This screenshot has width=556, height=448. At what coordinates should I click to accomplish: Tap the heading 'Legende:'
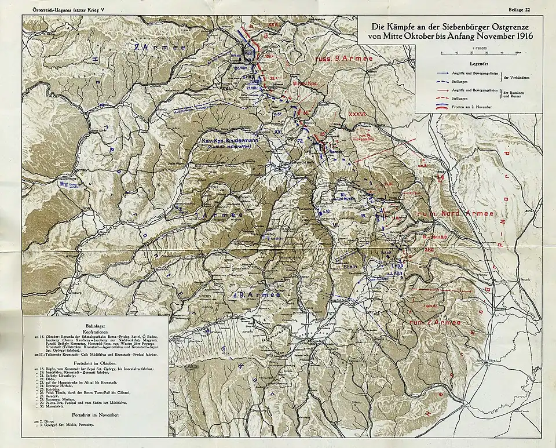coord(478,63)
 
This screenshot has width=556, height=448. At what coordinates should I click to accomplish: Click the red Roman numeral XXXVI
coord(357,115)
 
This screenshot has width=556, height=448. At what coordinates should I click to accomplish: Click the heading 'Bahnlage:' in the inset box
coord(96,327)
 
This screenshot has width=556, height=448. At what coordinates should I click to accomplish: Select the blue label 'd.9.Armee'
coord(255,295)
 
